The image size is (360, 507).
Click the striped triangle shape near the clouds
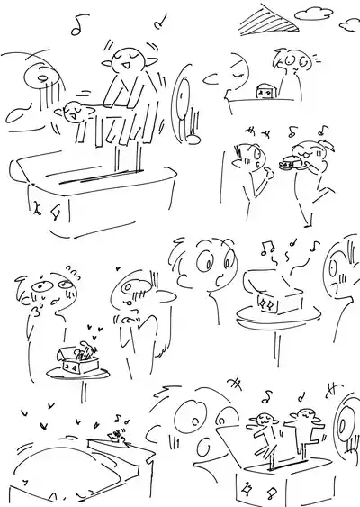point(268,16)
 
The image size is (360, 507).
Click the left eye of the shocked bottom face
point(192,417)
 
